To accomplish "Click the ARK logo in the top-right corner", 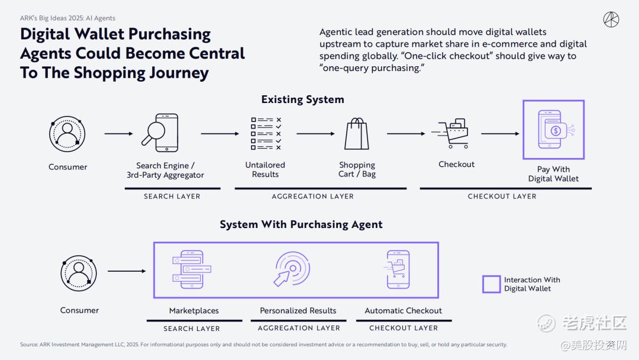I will (611, 20).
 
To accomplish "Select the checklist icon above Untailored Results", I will (266, 133).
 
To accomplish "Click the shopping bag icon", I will (357, 133).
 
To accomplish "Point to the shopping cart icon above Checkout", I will (454, 133).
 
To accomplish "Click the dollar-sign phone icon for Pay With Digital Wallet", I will (553, 129).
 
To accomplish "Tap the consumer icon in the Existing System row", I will (67, 134).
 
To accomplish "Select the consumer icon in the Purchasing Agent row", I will (79, 272).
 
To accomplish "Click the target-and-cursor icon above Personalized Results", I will (292, 269).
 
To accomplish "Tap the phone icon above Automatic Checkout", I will (397, 269).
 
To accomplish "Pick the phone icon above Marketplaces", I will (191, 269).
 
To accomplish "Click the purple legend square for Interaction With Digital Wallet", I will (491, 284).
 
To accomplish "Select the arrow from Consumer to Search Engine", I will (118, 134).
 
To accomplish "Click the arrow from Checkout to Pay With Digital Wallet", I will (500, 134).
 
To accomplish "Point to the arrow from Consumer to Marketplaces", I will (127, 272).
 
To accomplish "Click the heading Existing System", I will (302, 99).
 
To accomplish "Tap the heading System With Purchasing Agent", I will (301, 224).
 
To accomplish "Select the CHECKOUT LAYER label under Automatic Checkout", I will (404, 328).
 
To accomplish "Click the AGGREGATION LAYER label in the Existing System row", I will (312, 197).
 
